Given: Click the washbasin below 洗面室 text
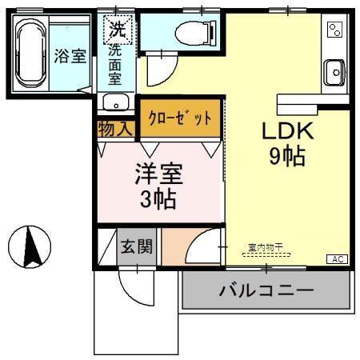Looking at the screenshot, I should (x=115, y=102).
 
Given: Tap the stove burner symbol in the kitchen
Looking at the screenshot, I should (x=334, y=30).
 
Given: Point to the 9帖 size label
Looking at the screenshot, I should (x=286, y=157).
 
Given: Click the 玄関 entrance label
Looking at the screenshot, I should (x=137, y=247).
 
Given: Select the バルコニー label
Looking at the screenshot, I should (x=266, y=290).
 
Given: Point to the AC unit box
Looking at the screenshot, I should (x=337, y=258).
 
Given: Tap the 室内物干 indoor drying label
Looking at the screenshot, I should (x=264, y=247).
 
